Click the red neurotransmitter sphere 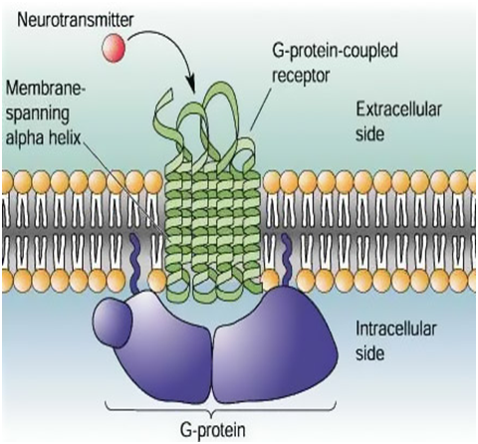114,49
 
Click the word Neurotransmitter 76,21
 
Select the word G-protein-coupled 335,52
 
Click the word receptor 301,76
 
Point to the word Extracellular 398,111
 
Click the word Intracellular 396,330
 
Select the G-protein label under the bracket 213,430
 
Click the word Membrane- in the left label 46,89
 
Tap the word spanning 38,113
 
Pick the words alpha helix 44,136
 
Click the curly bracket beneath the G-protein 221,409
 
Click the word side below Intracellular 370,353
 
